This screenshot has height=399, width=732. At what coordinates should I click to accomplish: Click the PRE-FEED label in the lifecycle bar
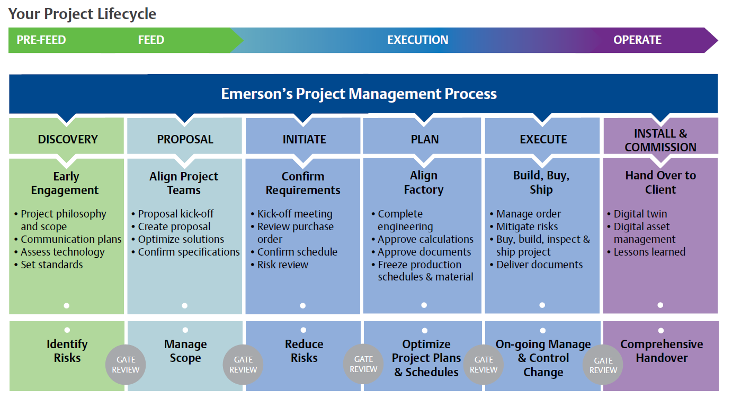point(41,40)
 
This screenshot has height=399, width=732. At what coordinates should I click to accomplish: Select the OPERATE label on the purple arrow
point(637,40)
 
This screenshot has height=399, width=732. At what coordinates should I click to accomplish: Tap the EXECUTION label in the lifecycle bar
point(417,40)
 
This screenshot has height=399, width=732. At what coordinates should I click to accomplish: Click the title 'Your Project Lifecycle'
point(82,14)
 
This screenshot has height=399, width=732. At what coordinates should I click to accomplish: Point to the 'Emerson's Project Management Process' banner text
point(359,94)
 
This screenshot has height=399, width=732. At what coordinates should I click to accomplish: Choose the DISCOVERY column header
point(68,139)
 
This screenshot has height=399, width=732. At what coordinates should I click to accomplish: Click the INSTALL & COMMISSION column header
point(660,140)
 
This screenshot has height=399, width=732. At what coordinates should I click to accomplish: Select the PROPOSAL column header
point(185,139)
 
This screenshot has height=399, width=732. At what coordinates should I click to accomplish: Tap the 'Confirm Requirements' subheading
point(303,183)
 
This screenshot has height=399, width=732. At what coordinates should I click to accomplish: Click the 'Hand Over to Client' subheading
point(660,183)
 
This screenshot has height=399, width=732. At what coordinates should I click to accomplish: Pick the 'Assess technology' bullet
point(59,252)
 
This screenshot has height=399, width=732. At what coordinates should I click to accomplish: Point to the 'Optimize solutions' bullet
point(178,239)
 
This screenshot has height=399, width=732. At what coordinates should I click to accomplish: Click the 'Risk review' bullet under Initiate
point(280,265)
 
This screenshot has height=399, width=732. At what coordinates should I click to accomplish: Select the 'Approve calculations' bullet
point(422,239)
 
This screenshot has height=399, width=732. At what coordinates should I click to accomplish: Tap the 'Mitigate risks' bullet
point(524,226)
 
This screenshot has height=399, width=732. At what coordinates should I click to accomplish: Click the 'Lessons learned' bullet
point(646,252)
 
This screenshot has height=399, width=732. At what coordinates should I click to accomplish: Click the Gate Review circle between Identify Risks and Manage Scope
point(126,365)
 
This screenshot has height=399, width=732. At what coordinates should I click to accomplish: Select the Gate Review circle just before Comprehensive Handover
point(603,365)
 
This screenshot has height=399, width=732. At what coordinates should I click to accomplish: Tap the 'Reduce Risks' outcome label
point(304,351)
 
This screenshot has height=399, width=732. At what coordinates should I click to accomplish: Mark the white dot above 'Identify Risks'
point(67,330)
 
